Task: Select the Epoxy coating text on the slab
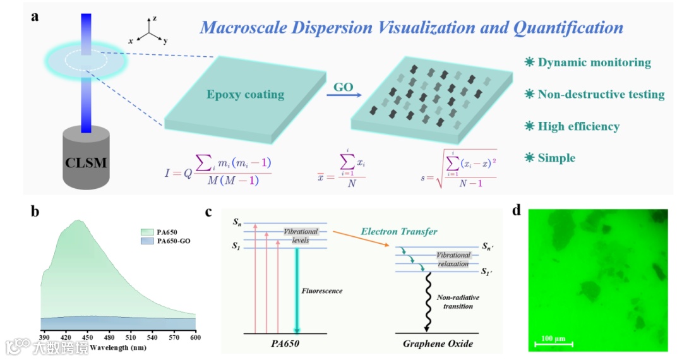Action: click(245, 95)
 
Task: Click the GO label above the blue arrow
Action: click(343, 87)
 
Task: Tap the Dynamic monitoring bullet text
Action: click(594, 63)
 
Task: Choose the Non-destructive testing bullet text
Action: click(601, 95)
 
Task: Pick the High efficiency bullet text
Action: click(578, 126)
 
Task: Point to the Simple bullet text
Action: click(556, 158)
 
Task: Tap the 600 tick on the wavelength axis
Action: click(195, 337)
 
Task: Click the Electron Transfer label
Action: click(400, 231)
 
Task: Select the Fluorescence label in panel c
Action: click(323, 291)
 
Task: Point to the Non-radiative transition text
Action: click(455, 302)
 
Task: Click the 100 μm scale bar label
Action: click(553, 338)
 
